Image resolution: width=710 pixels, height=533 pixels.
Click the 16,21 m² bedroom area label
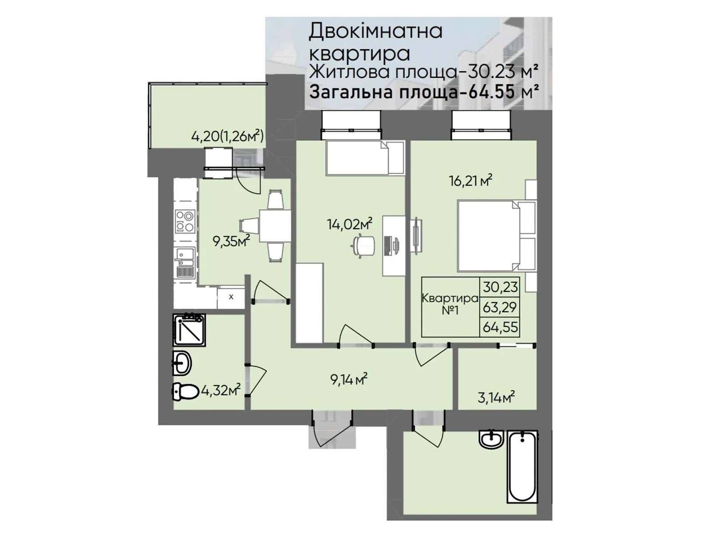471,180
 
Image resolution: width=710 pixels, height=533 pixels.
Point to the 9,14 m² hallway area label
348,379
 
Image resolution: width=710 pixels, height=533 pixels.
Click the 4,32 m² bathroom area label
221,390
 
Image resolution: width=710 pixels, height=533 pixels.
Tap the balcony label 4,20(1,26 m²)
227,136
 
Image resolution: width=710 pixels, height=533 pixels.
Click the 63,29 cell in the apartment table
500,307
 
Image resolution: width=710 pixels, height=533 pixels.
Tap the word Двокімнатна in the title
375,32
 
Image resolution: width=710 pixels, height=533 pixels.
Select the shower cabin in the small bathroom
189,330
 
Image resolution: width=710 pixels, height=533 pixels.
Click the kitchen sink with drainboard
185,263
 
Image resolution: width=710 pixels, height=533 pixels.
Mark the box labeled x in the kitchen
231,297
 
